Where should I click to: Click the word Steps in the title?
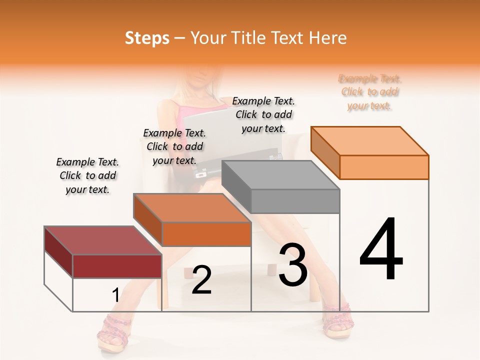[x=147, y=38]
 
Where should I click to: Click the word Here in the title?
[x=329, y=38]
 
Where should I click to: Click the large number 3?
[x=293, y=264]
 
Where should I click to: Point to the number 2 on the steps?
[x=201, y=279]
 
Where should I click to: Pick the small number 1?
[x=115, y=295]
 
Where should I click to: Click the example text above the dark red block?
[x=87, y=175]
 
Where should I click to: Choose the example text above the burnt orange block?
[x=174, y=146]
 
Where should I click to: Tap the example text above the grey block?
[x=263, y=114]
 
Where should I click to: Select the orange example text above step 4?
[x=370, y=92]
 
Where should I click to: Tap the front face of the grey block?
[x=295, y=201]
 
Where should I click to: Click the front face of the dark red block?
[x=117, y=266]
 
